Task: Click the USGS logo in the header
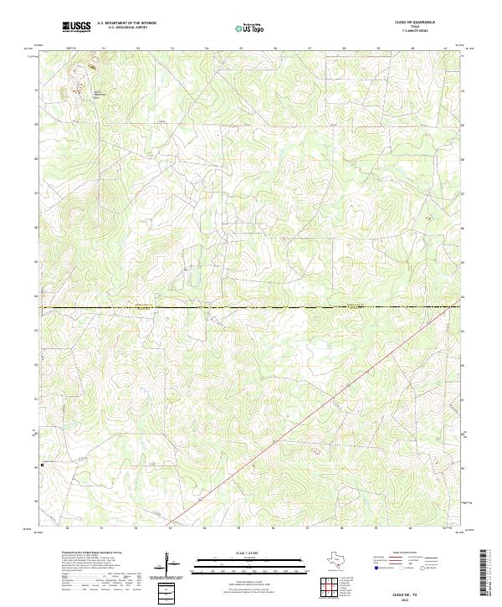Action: click(76, 27)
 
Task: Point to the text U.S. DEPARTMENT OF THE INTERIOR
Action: click(126, 23)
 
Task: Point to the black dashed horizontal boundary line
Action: click(251, 308)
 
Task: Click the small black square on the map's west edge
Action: click(42, 464)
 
